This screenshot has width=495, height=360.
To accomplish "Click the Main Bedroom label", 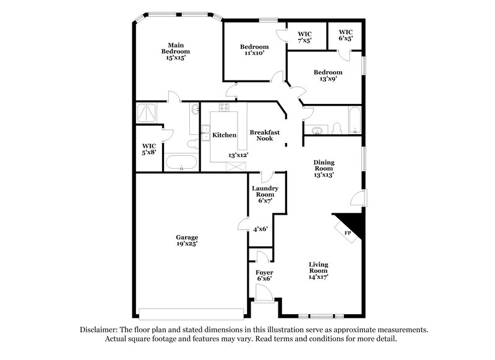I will click(176, 51).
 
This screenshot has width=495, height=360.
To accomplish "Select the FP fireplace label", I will click(348, 233).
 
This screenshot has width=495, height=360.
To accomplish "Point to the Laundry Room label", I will click(265, 194).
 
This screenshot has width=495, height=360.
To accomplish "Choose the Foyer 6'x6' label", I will click(264, 275).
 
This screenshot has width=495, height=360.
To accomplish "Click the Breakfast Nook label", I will click(265, 135).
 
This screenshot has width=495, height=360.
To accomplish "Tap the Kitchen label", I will click(224, 135).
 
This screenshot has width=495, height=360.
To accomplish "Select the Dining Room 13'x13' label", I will click(324, 168).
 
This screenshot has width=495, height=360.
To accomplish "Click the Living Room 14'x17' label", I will click(319, 271).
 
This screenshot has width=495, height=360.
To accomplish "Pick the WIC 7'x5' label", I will click(304, 37).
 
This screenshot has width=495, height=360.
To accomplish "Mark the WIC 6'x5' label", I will click(345, 36).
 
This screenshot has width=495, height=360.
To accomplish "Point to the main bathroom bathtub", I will click(181, 163).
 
